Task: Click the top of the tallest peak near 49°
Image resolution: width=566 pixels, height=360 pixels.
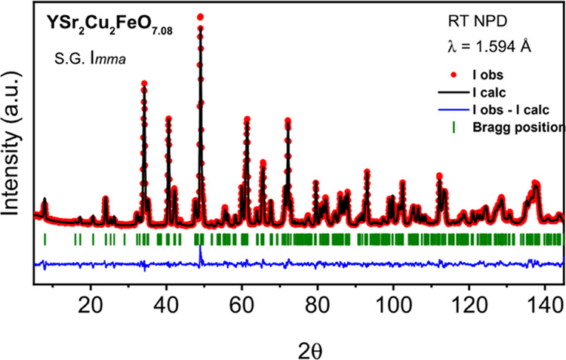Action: [x=200, y=17]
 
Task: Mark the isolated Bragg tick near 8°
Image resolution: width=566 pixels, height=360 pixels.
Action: [x=45, y=239]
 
